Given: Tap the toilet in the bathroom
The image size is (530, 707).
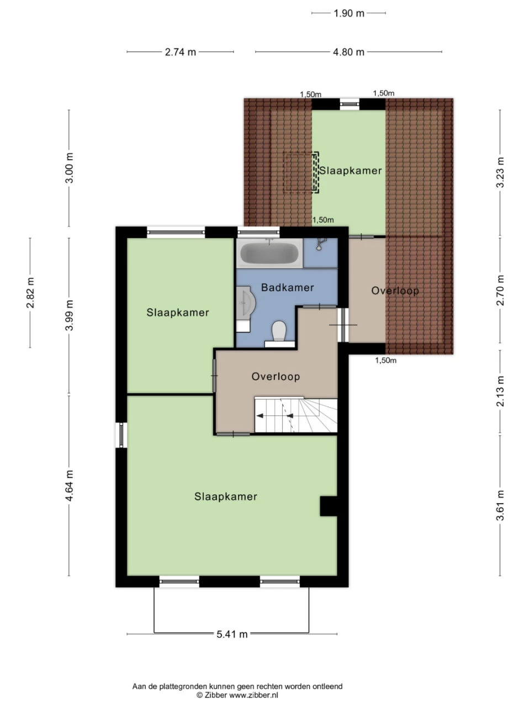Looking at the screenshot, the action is (279, 331).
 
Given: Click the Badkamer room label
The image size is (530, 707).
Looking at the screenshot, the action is (288, 287).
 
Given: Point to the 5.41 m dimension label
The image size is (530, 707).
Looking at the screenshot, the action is (232, 634).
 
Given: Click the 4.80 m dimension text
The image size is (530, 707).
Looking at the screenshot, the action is (348, 52).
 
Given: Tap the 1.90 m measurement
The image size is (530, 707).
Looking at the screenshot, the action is (349, 13).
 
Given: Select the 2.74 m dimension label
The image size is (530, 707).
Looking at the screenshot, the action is (181, 52).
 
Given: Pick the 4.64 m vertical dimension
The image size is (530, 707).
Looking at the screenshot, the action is (69, 486).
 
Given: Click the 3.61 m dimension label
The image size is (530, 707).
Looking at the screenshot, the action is (500, 505).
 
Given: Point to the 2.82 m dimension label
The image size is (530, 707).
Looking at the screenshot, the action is (30, 292).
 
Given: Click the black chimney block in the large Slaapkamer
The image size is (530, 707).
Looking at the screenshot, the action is (328, 506).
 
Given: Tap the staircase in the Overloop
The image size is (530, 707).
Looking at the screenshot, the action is (296, 415).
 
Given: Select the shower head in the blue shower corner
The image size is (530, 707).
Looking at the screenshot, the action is (320, 244).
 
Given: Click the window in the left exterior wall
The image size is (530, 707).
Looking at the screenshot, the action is (121, 435).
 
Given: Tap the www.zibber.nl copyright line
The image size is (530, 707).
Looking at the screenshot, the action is (237, 695).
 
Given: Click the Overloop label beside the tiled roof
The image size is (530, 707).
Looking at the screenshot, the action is (395, 291).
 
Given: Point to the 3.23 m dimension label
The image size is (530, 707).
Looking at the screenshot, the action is (500, 172).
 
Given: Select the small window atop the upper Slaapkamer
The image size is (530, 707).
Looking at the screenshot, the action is (349, 104).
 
